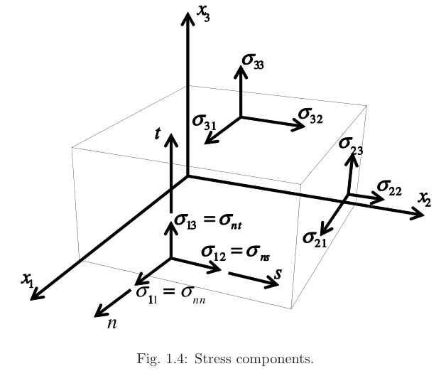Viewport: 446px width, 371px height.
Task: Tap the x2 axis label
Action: click(425, 200)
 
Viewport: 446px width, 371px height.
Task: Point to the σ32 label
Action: click(310, 115)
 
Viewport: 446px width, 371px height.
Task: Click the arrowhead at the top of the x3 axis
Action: click(188, 20)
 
